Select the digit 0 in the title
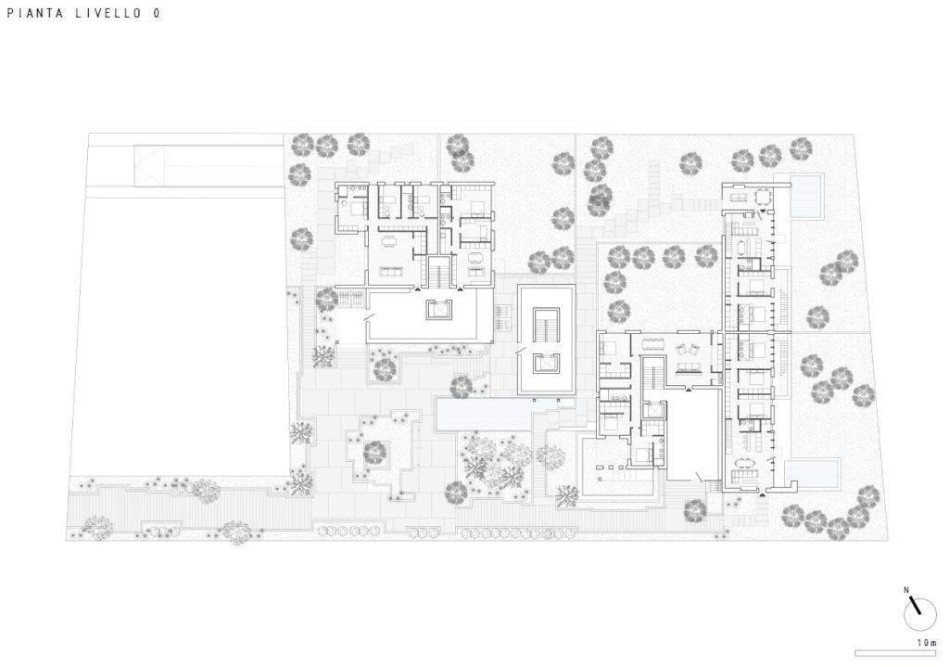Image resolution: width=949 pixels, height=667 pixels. (157, 13)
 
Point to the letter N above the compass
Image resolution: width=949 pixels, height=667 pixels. (906, 589)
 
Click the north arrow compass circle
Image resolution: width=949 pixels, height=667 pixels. (919, 614)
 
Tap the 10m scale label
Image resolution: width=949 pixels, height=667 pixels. (927, 643)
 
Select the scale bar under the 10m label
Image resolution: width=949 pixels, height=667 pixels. (897, 653)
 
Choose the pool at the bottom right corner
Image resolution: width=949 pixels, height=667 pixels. (812, 473)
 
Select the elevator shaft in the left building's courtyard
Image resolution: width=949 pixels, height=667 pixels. (437, 310)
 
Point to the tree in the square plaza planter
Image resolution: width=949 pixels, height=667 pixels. (375, 453)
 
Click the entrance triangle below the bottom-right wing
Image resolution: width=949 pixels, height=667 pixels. (761, 495)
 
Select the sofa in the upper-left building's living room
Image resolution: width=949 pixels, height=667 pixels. (392, 270)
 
